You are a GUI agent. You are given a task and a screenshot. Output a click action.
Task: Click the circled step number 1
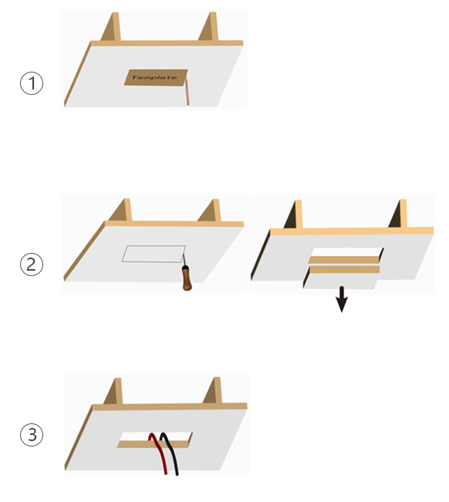(x=32, y=83)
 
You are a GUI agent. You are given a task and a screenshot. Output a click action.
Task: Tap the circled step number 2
(x=32, y=264)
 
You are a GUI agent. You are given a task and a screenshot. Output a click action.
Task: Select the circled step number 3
(x=32, y=434)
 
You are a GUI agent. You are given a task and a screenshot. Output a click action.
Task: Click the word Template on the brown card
(x=154, y=77)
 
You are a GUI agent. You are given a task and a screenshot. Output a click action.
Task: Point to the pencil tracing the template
(x=187, y=92)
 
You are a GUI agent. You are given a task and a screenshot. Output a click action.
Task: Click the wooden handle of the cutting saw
(x=187, y=278)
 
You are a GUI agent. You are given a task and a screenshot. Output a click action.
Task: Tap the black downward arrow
(x=342, y=299)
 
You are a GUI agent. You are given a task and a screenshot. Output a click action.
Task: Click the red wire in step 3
(x=159, y=453)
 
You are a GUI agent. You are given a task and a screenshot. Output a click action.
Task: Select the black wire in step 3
(x=170, y=453)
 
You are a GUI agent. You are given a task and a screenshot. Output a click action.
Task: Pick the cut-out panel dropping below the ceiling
(x=341, y=278)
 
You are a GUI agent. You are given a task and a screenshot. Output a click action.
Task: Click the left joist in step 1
(x=111, y=27)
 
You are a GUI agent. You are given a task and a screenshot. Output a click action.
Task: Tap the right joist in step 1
(x=208, y=26)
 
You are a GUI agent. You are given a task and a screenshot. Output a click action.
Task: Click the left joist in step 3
(x=113, y=392)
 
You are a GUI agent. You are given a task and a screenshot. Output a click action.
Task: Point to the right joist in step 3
(x=213, y=391)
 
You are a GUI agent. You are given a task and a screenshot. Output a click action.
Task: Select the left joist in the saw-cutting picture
(x=120, y=210)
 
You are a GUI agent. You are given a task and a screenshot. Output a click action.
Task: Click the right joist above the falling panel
(x=398, y=214)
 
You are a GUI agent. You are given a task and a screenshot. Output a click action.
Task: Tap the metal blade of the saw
(x=184, y=258)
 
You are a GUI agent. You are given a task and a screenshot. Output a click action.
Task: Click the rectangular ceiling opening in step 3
(x=155, y=440)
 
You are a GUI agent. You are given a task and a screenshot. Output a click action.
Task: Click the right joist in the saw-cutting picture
(x=209, y=211)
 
